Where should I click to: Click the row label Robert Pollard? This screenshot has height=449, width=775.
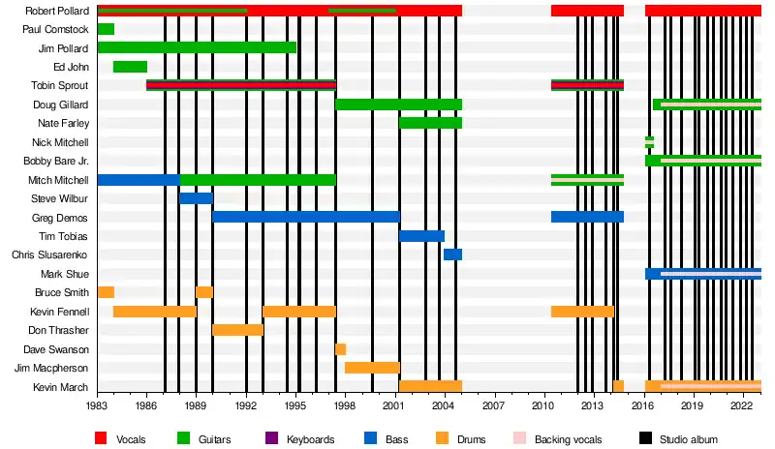tap(57, 11)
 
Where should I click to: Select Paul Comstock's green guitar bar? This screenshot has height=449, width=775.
tap(106, 29)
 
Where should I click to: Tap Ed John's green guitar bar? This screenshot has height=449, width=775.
tap(130, 67)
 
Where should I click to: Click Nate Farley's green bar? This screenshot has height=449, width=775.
tap(430, 123)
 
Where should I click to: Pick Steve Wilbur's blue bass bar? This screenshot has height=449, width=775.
tap(196, 198)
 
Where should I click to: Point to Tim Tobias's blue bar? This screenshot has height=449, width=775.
tap(421, 236)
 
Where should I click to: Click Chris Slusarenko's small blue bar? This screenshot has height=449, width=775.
tap(452, 254)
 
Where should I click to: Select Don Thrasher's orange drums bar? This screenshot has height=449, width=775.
tap(237, 330)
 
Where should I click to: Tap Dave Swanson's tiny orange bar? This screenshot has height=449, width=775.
tap(340, 349)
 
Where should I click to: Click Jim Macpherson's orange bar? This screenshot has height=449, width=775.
tap(372, 368)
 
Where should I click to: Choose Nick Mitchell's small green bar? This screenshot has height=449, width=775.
tap(649, 142)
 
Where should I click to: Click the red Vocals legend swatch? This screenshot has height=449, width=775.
tap(101, 439)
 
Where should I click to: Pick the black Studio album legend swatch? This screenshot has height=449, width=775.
tap(643, 439)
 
